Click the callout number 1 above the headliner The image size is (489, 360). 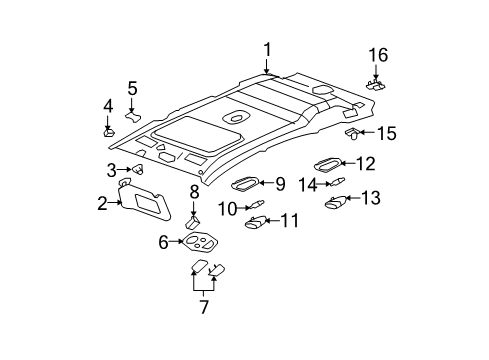click(267, 49)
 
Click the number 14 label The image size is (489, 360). click(309, 183)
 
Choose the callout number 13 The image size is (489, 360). click(369, 198)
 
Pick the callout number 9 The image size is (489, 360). click(279, 184)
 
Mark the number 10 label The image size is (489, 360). click(229, 207)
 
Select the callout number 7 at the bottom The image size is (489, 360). click(203, 307)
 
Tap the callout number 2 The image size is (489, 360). click(103, 204)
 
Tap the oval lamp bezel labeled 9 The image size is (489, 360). click(245, 183)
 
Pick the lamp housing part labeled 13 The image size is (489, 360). click(338, 203)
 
